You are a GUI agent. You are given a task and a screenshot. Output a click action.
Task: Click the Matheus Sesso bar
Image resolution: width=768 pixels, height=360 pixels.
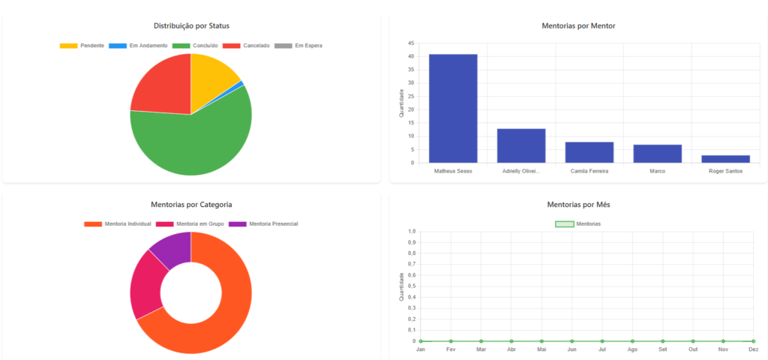(453, 108)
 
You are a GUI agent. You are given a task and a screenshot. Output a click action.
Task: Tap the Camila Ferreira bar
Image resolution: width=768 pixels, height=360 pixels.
(589, 152)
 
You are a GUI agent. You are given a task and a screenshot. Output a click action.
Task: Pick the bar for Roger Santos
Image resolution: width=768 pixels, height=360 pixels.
(725, 159)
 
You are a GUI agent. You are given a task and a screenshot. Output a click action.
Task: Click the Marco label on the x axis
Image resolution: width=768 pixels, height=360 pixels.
(657, 171)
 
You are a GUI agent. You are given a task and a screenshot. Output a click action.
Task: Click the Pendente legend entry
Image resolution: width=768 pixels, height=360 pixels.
(82, 46)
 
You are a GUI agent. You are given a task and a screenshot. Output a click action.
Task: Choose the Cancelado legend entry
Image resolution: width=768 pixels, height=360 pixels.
(249, 46)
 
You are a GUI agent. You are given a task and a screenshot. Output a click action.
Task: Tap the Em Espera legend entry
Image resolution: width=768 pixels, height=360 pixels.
(299, 46)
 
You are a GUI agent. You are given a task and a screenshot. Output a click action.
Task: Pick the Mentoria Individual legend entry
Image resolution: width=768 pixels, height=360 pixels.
(118, 223)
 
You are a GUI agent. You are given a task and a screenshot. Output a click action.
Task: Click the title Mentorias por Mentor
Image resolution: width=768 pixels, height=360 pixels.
(578, 26)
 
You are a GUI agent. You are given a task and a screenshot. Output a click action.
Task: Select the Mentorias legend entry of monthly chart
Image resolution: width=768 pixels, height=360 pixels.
(577, 223)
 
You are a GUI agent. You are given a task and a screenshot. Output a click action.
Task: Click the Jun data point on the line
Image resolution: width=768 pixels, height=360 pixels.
(572, 341)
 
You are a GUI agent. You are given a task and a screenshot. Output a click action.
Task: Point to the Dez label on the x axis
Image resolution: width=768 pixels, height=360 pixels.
(753, 349)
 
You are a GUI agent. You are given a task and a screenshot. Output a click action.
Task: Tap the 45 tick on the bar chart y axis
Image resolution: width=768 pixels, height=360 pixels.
(412, 43)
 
